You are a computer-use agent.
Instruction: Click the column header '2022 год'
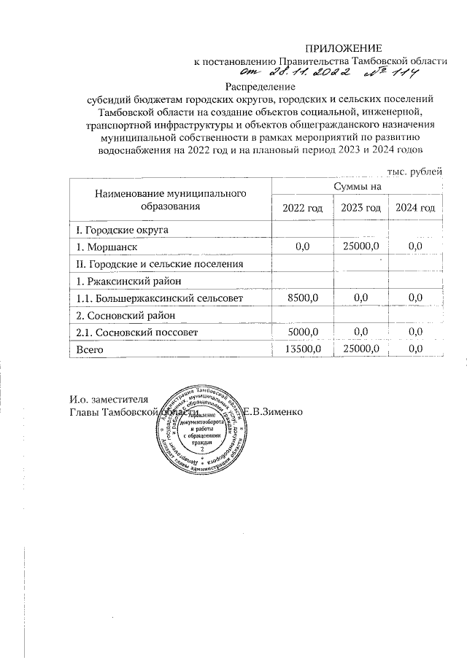click(x=302, y=209)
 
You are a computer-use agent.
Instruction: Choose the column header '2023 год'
click(x=360, y=209)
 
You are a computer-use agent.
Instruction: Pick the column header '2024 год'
click(x=415, y=209)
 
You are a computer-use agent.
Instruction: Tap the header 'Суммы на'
click(x=358, y=187)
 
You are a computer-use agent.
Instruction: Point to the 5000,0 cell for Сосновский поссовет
click(x=302, y=333)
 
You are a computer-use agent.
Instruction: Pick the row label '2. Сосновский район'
click(x=123, y=315)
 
